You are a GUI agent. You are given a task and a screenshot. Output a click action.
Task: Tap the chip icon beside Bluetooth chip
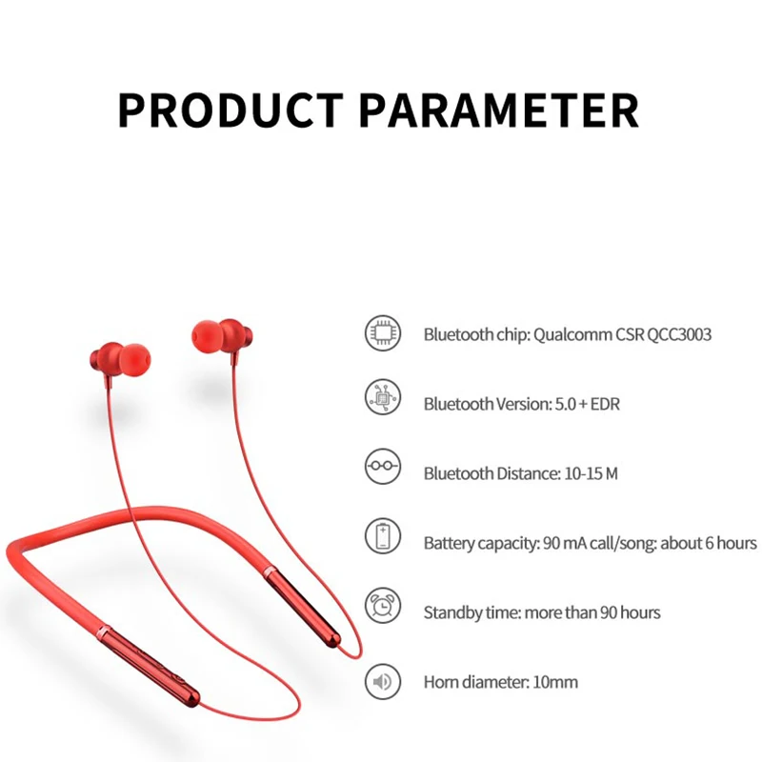(x=383, y=333)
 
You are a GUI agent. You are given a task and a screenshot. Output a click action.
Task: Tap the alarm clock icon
(x=383, y=606)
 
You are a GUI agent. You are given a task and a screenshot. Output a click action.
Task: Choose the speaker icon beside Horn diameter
(x=383, y=681)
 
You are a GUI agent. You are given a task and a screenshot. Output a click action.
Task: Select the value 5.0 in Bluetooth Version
(x=566, y=404)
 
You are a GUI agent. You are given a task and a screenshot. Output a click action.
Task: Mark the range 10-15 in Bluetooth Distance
(x=579, y=473)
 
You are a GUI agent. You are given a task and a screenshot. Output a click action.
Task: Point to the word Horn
(x=441, y=682)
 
